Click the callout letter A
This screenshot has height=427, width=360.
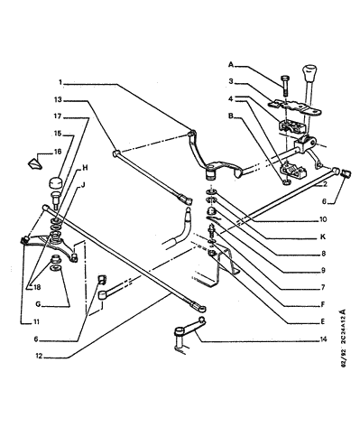pyautogui.click(x=231, y=64)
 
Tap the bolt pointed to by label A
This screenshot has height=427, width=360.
pyautogui.click(x=285, y=86)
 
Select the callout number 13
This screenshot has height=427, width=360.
pyautogui.click(x=58, y=99)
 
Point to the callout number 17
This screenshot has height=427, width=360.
pyautogui.click(x=58, y=116)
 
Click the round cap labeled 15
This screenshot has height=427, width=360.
pyautogui.click(x=55, y=183)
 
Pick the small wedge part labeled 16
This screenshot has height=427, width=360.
pyautogui.click(x=35, y=164)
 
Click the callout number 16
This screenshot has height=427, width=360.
pyautogui.click(x=58, y=152)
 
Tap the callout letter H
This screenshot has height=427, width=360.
pyautogui.click(x=85, y=168)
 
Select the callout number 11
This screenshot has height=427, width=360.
pyautogui.click(x=36, y=321)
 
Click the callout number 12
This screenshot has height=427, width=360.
pyautogui.click(x=39, y=356)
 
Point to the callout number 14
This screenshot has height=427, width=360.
pyautogui.click(x=323, y=339)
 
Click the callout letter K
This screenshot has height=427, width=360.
pyautogui.click(x=323, y=237)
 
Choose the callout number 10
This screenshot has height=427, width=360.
pyautogui.click(x=323, y=219)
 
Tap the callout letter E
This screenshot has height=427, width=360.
pyautogui.click(x=323, y=321)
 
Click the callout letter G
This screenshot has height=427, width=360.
pyautogui.click(x=38, y=304)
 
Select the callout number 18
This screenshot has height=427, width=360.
pyautogui.click(x=37, y=287)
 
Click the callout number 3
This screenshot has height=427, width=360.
pyautogui.click(x=231, y=81)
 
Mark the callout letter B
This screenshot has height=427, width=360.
pyautogui.click(x=231, y=116)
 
